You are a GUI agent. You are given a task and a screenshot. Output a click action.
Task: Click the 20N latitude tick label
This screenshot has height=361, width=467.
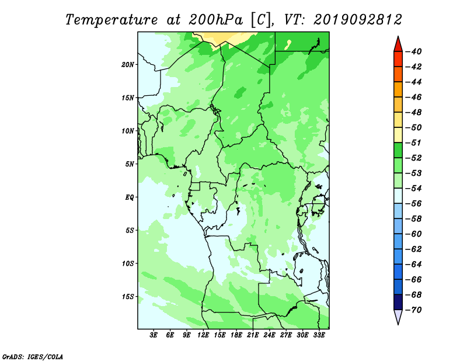coord(127,64)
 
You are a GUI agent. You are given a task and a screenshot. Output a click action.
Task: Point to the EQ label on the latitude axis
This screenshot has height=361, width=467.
coord(129,197)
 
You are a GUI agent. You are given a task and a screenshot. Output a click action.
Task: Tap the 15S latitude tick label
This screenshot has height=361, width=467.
coord(128,297)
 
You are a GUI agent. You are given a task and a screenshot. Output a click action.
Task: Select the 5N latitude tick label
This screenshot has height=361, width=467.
coord(130,164)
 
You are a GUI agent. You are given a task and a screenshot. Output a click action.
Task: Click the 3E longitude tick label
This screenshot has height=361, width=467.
coord(154,335)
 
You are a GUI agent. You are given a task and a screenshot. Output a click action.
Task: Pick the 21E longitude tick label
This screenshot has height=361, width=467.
coord(253,335)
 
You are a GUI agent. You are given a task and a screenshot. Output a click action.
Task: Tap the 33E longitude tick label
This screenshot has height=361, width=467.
coord(319,335)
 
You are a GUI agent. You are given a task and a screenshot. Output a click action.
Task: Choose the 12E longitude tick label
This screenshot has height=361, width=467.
coord(203,335)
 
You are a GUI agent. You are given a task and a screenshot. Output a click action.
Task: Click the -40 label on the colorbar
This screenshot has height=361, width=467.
coord(414,51)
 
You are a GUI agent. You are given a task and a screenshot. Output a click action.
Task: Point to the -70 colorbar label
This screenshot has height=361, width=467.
coord(414,310)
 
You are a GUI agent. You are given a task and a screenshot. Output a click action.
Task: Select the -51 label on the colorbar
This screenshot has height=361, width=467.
coord(414,143)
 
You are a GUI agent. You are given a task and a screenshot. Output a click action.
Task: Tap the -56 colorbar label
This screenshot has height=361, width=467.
coord(414,204)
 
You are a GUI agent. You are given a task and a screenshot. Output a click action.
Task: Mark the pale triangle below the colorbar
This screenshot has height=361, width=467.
coord(398,316)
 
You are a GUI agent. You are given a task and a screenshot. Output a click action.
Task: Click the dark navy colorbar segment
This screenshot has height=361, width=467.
coord(398,302)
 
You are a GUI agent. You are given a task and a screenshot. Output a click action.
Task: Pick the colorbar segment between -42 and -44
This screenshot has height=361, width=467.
coord(398,74)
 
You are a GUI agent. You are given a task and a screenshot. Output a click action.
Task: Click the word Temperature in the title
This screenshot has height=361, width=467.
coord(111,20)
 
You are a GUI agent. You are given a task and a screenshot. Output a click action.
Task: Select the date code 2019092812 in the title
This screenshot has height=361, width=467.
coord(358,20)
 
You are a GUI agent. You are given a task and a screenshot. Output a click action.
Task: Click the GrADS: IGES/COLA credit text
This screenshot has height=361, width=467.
coord(33,357)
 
